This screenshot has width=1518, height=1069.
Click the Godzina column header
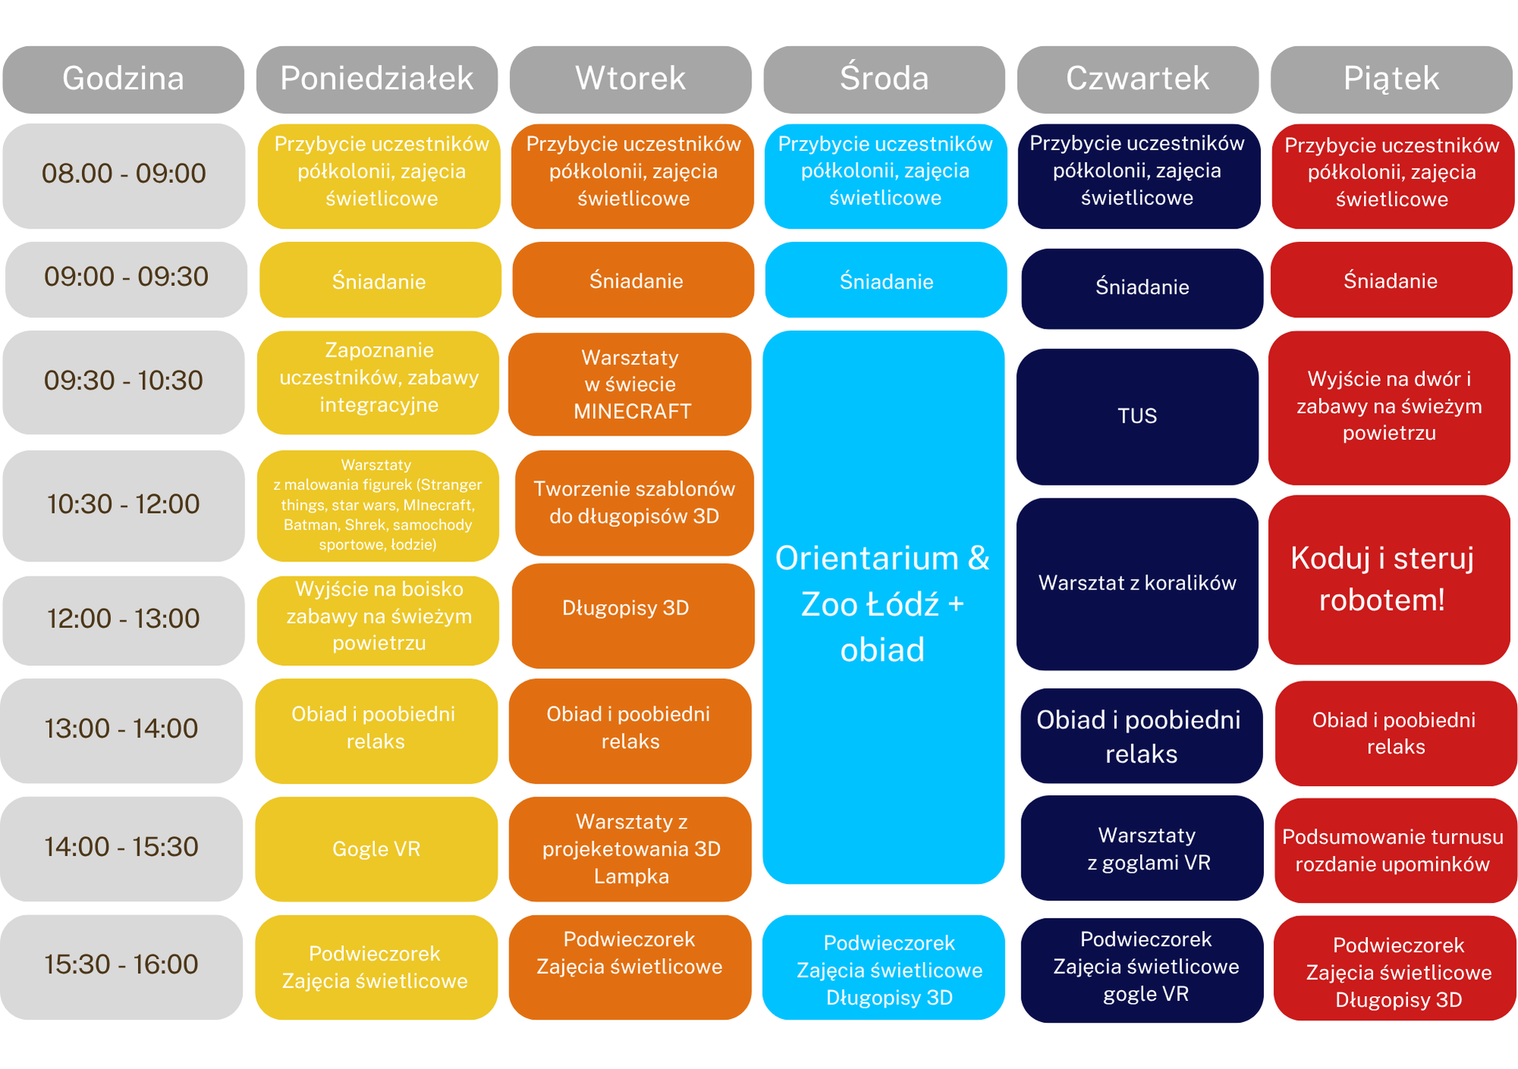tap(123, 79)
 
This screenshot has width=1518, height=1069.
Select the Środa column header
tap(884, 79)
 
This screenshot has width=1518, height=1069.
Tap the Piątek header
tap(1391, 79)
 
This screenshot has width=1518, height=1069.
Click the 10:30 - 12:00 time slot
tap(123, 505)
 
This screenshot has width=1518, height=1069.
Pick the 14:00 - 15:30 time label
tap(121, 848)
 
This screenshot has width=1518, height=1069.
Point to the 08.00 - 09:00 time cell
tap(124, 176)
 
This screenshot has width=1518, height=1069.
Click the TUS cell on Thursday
tap(1137, 417)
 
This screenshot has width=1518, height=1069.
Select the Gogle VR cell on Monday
tap(376, 848)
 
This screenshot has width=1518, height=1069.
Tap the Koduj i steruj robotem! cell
tap(1389, 580)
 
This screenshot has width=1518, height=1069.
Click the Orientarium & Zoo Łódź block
tap(883, 607)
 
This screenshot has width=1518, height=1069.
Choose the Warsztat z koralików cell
tap(1137, 583)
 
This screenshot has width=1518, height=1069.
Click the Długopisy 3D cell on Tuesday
tap(633, 615)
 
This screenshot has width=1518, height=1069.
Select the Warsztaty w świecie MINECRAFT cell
tap(629, 384)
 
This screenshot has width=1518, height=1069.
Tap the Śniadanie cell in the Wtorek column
tap(633, 279)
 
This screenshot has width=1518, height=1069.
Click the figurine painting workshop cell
tap(378, 505)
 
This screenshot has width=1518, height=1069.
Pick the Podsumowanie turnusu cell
tap(1396, 850)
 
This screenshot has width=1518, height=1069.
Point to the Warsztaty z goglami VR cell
tap(1142, 847)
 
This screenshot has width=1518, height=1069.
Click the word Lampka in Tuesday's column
tap(631, 876)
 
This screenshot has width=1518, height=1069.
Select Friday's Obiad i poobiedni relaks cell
tap(1396, 733)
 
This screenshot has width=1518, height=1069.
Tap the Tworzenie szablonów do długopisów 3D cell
tap(635, 502)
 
